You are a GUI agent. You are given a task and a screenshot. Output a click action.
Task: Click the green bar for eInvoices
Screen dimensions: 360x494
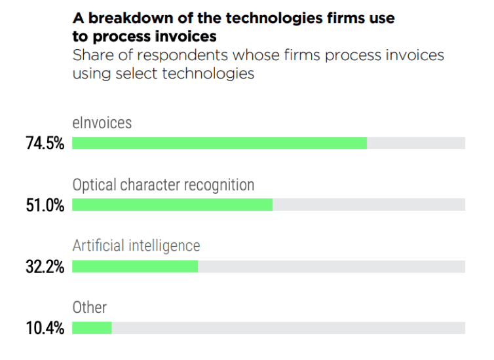(219, 143)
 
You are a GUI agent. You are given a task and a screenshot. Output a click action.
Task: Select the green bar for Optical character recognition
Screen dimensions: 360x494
(172, 204)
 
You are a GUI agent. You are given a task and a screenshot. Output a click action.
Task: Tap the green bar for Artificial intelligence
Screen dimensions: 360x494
(135, 266)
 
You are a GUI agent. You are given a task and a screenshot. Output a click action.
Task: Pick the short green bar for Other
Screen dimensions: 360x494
(92, 327)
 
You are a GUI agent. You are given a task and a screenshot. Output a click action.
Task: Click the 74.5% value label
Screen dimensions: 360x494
(45, 143)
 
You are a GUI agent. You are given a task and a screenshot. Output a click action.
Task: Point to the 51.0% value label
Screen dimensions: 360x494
(45, 205)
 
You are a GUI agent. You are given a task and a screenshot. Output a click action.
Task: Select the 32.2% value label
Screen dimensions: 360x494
(45, 266)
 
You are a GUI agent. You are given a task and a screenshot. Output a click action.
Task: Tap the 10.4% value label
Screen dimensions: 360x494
(45, 328)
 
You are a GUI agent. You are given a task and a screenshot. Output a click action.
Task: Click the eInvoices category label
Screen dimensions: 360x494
(102, 122)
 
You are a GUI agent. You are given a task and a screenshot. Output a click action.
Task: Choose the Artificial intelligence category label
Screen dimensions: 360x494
(136, 245)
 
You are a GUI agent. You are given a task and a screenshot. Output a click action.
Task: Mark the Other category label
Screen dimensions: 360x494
(89, 307)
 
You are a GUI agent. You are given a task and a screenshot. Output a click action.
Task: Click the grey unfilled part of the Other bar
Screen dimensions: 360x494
(288, 327)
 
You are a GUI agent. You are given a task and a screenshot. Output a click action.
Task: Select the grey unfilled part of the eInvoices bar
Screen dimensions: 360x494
(416, 143)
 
